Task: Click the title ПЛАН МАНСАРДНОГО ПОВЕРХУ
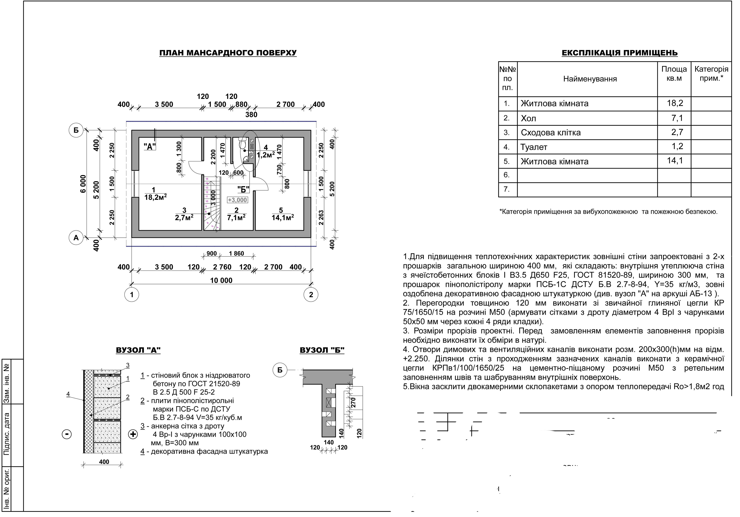(x=228, y=53)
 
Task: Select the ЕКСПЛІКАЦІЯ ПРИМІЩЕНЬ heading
(x=619, y=53)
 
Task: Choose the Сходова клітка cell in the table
(x=551, y=133)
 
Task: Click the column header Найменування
(x=590, y=79)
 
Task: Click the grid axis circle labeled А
(x=76, y=238)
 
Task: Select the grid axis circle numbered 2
(x=311, y=294)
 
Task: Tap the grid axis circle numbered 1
(x=131, y=294)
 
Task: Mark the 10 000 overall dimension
(x=221, y=280)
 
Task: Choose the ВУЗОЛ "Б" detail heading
(x=322, y=350)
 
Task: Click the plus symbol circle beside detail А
(x=133, y=434)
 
